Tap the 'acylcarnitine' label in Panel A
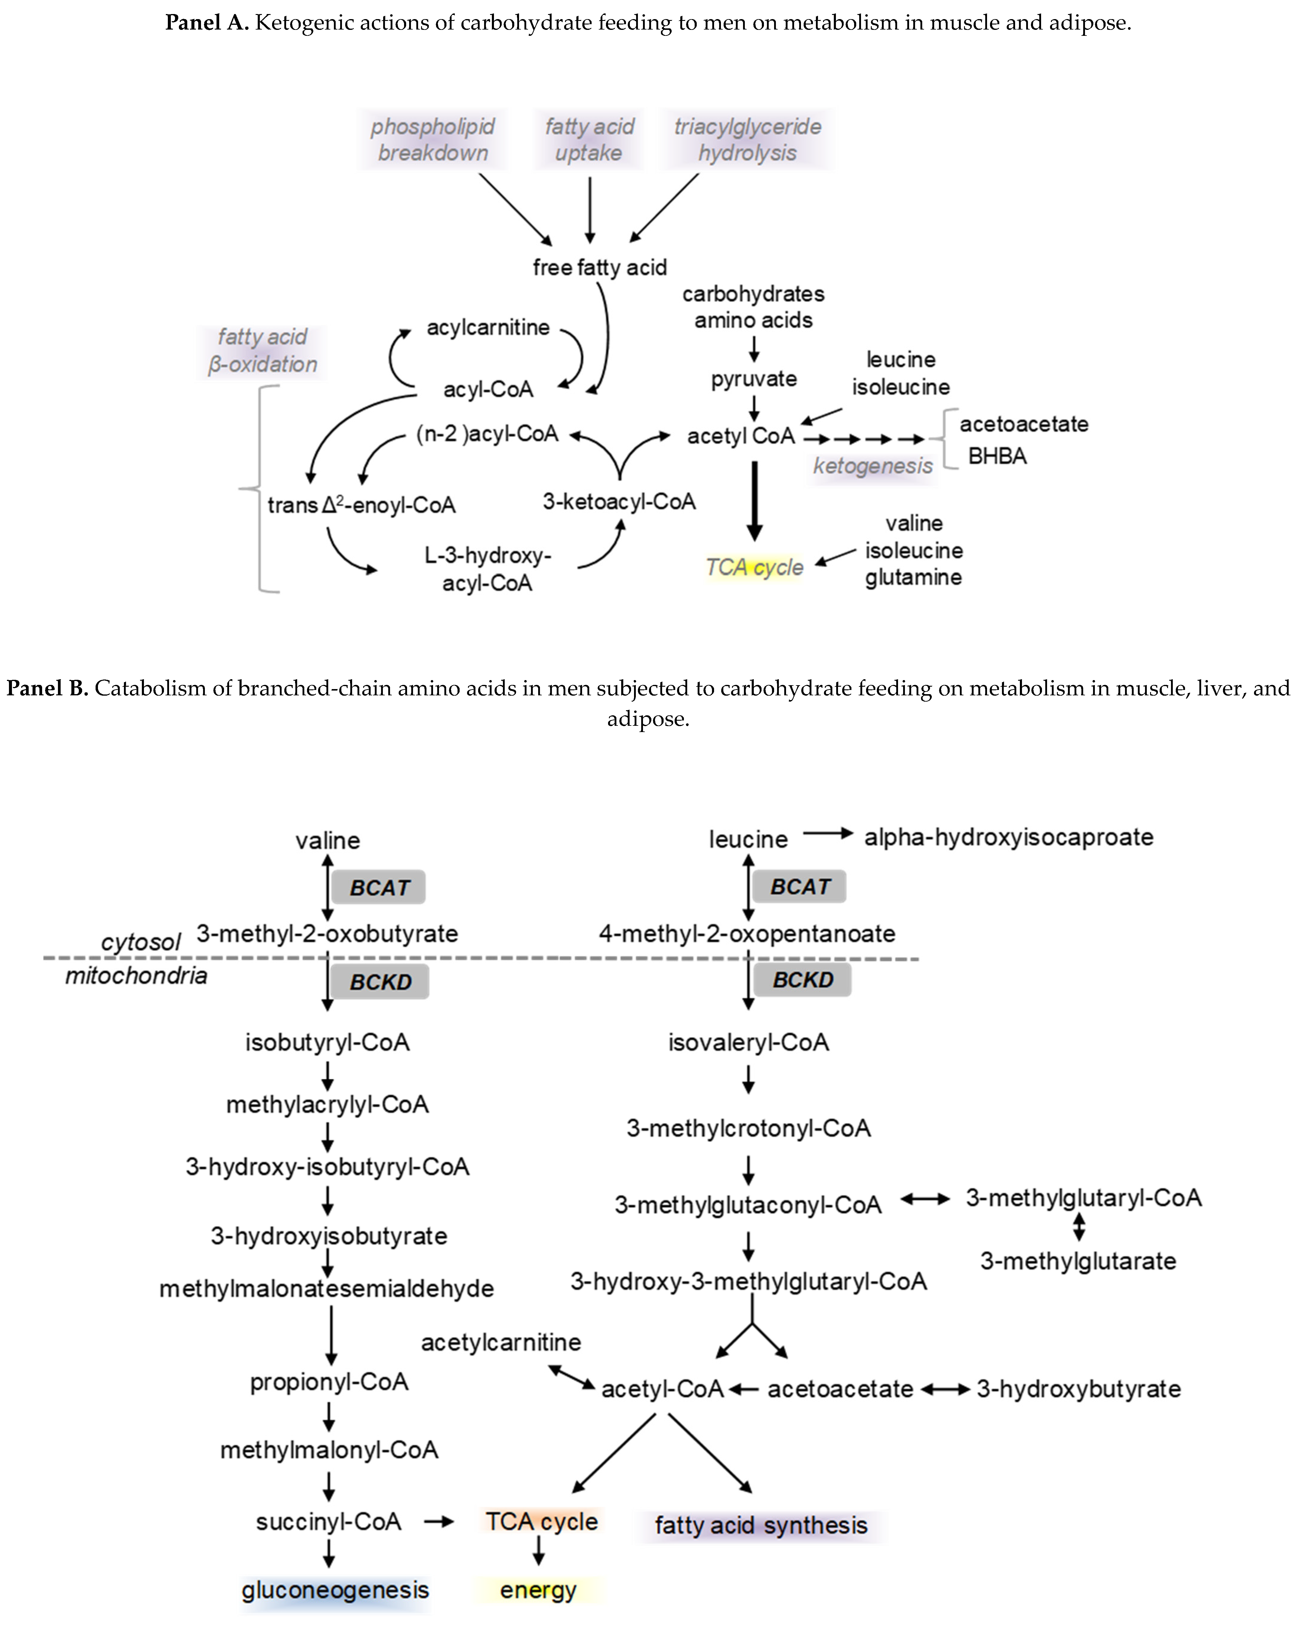tap(487, 328)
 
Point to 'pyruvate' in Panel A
tap(753, 379)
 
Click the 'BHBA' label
tap(997, 456)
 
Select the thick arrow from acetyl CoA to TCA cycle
tap(753, 500)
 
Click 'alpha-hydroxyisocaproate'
tap(1008, 837)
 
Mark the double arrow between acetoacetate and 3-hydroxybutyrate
tap(945, 1389)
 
